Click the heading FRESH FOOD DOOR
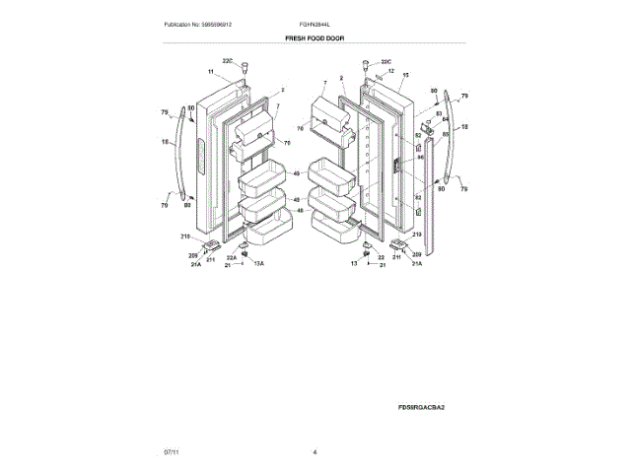pyautogui.click(x=315, y=37)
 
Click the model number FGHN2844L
pyautogui.click(x=315, y=24)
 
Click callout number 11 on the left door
pyautogui.click(x=210, y=72)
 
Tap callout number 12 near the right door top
pyautogui.click(x=390, y=71)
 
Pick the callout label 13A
pyautogui.click(x=259, y=265)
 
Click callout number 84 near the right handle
pyautogui.click(x=445, y=119)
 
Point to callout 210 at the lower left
pyautogui.click(x=184, y=236)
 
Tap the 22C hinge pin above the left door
pyautogui.click(x=238, y=71)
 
